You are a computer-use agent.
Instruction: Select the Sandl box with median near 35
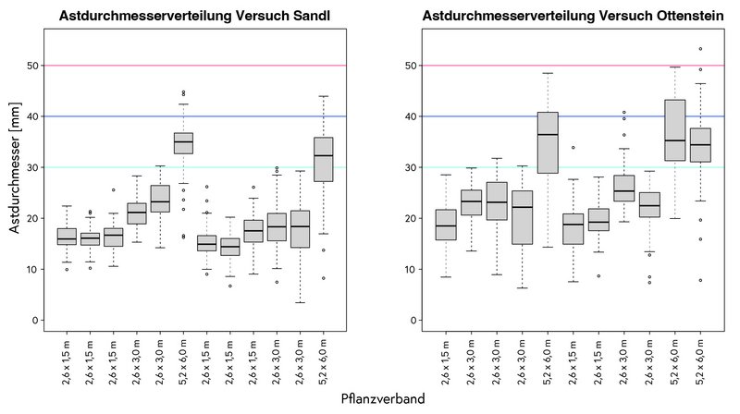click(183, 142)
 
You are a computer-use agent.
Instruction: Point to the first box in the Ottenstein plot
click(446, 225)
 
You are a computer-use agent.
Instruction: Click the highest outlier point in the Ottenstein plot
click(700, 49)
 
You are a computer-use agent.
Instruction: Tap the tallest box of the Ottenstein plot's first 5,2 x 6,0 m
click(548, 142)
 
